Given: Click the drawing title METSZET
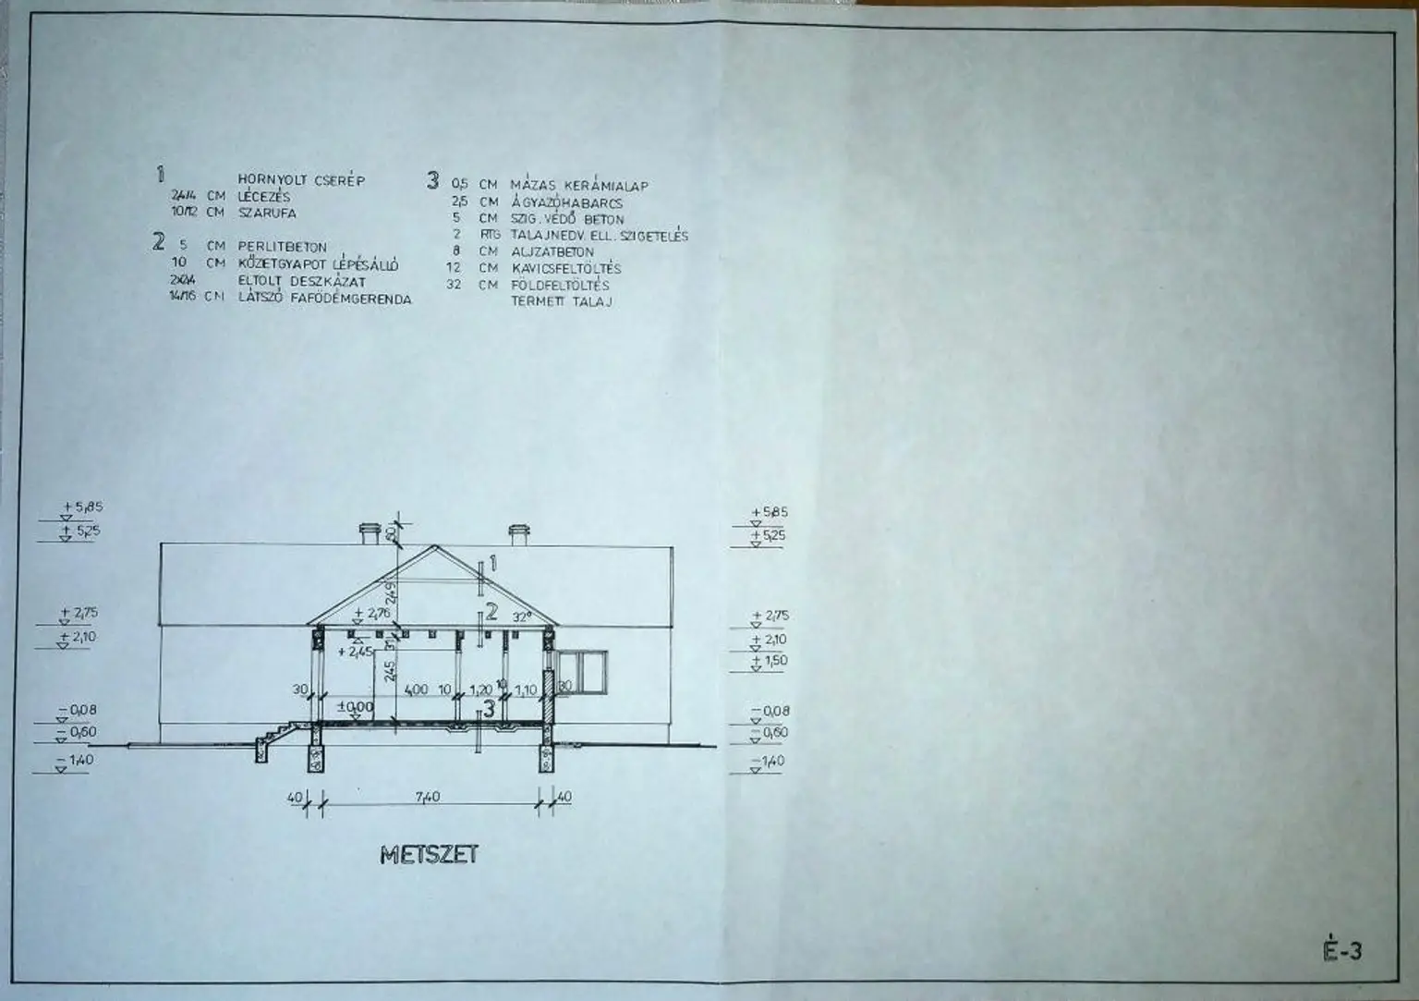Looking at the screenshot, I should click(429, 854).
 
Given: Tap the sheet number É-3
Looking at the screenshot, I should click(1341, 950).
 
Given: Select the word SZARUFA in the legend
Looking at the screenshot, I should click(267, 213).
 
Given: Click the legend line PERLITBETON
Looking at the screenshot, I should click(282, 247).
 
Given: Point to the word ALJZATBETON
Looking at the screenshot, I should click(552, 251).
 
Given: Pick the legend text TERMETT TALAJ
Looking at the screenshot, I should click(561, 301).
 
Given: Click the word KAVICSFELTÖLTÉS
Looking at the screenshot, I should click(565, 268).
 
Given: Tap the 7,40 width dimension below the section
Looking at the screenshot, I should click(428, 797).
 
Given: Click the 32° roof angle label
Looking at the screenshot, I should click(523, 617).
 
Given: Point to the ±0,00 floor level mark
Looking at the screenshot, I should click(356, 707).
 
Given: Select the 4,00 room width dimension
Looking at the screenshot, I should click(416, 690).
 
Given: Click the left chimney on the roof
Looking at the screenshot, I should click(370, 534).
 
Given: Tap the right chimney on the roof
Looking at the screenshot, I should click(518, 534).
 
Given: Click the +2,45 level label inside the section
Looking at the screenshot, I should click(355, 651).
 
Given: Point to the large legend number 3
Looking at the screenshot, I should click(432, 179).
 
